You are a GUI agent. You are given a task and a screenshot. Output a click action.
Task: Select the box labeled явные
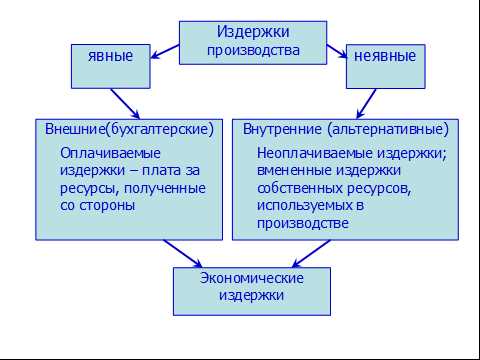tap(110, 57)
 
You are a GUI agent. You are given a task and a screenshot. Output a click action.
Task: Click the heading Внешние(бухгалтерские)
tap(130, 130)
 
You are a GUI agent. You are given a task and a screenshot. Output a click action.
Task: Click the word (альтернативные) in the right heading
tap(386, 130)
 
